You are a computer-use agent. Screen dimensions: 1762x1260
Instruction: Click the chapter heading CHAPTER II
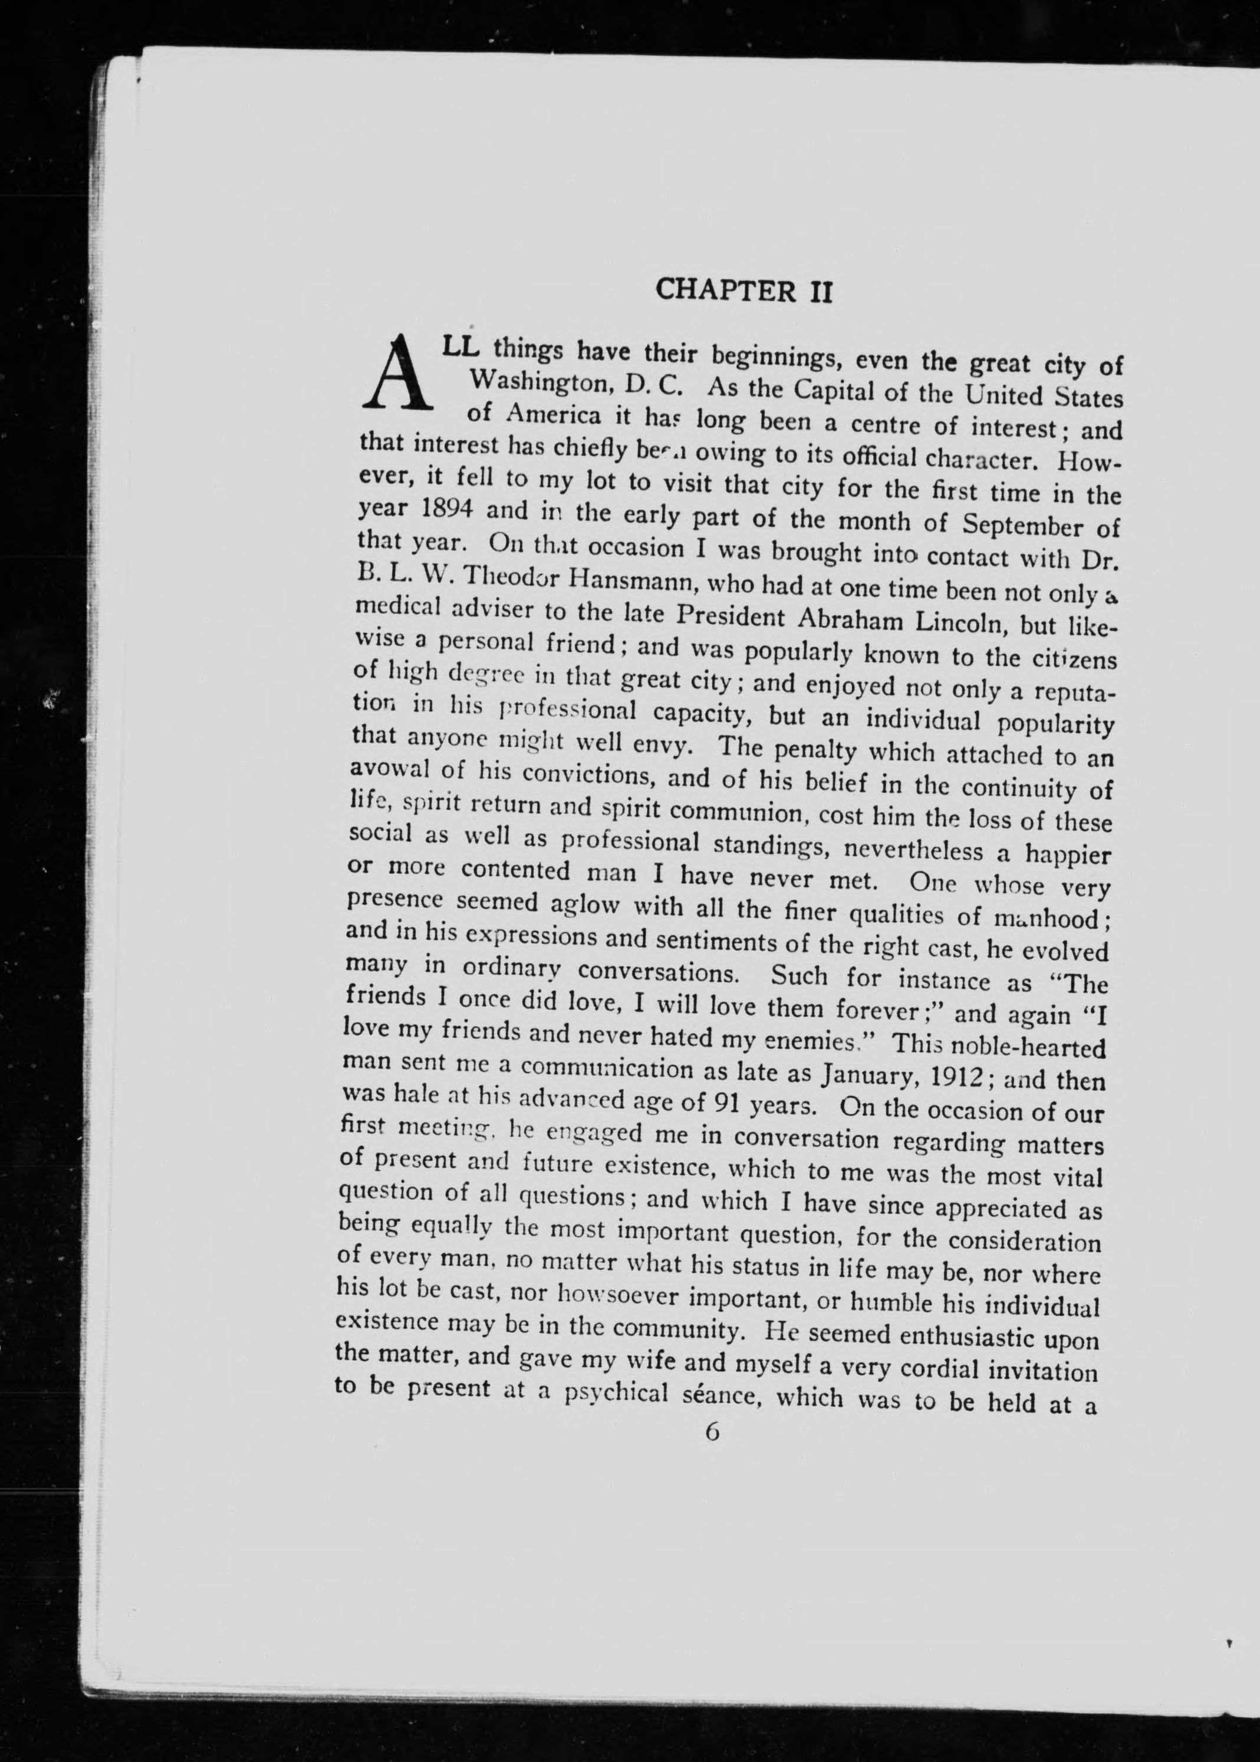tap(744, 292)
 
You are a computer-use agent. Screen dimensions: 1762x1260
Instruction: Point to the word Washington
tap(537, 381)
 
